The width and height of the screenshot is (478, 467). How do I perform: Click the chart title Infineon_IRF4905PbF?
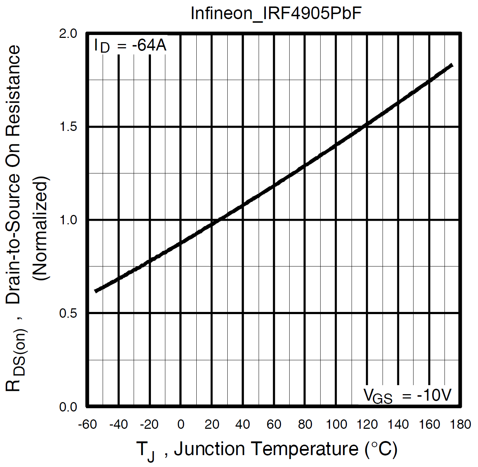point(276,13)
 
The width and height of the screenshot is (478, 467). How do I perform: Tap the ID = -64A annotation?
point(130,46)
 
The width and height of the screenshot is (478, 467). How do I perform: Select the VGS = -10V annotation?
point(407,395)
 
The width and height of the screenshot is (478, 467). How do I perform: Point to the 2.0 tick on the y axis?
point(68,34)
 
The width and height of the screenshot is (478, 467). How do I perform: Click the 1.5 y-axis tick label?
point(68,127)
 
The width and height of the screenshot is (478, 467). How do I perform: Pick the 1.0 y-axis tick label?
point(68,220)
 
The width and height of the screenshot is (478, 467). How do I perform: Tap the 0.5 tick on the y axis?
point(68,313)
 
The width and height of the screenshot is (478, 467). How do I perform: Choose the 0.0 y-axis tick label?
point(68,407)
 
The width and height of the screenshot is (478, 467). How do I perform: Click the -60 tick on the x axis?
point(88,424)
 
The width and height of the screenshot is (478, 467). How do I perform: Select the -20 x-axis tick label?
point(149,424)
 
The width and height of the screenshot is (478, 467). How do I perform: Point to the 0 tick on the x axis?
point(181,424)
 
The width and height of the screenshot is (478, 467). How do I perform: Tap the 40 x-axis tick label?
point(243,424)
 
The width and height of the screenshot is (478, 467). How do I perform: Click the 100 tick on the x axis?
point(336,424)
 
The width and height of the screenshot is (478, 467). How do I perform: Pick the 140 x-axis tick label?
point(398,424)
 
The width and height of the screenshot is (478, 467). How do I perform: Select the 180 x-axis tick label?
point(460,424)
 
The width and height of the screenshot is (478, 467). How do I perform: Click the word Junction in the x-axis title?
point(210,449)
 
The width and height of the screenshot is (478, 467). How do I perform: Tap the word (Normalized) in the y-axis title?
point(40,228)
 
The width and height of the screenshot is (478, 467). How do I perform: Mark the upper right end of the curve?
point(452,65)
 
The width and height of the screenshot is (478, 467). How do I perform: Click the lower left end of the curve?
point(96,291)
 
